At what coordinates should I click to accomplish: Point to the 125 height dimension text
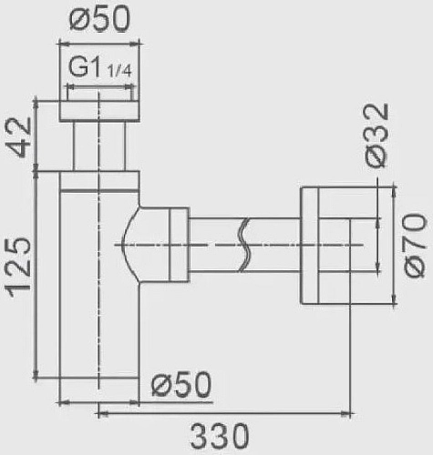point(20,266)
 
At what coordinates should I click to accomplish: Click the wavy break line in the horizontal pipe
point(243,245)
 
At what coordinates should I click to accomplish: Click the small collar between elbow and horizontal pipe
point(177,244)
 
